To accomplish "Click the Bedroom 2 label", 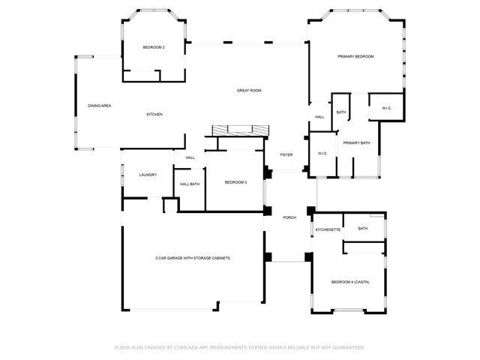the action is (154, 47).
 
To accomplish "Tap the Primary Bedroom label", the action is (355, 57).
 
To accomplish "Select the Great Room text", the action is (249, 91).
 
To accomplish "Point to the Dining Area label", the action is (100, 106).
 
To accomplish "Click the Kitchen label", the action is (154, 115).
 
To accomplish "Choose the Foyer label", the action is (286, 155).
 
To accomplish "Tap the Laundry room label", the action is (148, 175).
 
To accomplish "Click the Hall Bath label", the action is (190, 184).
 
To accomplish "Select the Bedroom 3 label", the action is (235, 182).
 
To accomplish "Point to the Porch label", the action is (289, 217).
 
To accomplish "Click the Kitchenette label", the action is (328, 230).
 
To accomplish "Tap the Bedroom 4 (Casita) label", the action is (350, 282).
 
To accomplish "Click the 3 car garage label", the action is (193, 258).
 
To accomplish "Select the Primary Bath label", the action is (357, 143).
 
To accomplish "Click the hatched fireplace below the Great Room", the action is (241, 130).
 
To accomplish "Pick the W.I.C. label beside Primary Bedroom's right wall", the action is (387, 108).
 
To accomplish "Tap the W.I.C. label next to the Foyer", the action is (322, 154).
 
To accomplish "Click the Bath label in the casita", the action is (363, 229).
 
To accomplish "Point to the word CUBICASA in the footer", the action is (186, 348).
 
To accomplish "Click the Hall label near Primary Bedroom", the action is (320, 117).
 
